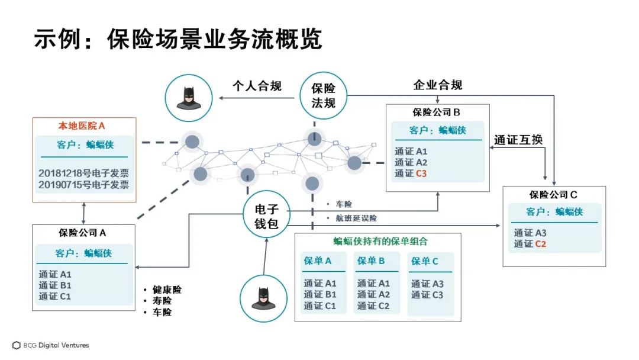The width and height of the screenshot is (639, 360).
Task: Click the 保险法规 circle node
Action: (x=323, y=95)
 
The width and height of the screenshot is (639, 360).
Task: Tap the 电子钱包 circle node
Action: (x=267, y=217)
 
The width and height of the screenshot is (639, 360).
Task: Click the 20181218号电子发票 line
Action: (x=83, y=173)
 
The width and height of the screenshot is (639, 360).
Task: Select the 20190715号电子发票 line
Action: (x=83, y=185)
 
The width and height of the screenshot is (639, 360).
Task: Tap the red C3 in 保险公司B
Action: (x=421, y=173)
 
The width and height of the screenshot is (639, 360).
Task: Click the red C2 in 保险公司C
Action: (x=540, y=243)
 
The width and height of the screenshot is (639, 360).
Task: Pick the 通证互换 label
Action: (x=518, y=140)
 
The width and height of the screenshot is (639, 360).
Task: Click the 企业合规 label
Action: (x=438, y=85)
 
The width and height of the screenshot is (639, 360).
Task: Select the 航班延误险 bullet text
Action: (x=356, y=218)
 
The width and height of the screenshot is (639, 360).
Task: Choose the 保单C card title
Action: (x=425, y=262)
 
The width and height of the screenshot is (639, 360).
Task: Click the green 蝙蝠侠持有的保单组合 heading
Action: (x=380, y=242)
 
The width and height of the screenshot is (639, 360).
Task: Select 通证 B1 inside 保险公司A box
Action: (x=55, y=285)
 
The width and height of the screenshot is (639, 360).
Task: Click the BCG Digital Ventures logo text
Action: (x=56, y=345)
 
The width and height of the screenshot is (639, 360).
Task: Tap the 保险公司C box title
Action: (x=554, y=194)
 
